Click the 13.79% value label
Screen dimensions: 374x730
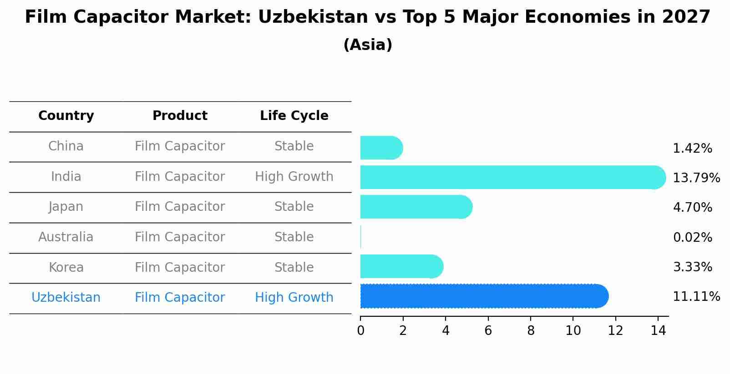[696, 178]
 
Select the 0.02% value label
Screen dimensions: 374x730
[692, 237]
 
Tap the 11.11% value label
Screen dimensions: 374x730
[696, 297]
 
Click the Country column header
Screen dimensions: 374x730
[66, 116]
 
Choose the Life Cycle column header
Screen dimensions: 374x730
[294, 116]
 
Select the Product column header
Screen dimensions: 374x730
[180, 116]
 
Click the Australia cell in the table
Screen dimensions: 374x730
[66, 237]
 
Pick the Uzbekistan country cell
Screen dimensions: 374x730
[66, 298]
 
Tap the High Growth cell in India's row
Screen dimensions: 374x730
[294, 177]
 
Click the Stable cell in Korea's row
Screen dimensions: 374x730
[294, 268]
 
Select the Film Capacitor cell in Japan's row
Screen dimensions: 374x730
[180, 207]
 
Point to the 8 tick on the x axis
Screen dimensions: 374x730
[531, 330]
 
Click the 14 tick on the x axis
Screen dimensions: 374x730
[658, 330]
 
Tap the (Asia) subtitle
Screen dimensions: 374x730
[368, 45]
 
